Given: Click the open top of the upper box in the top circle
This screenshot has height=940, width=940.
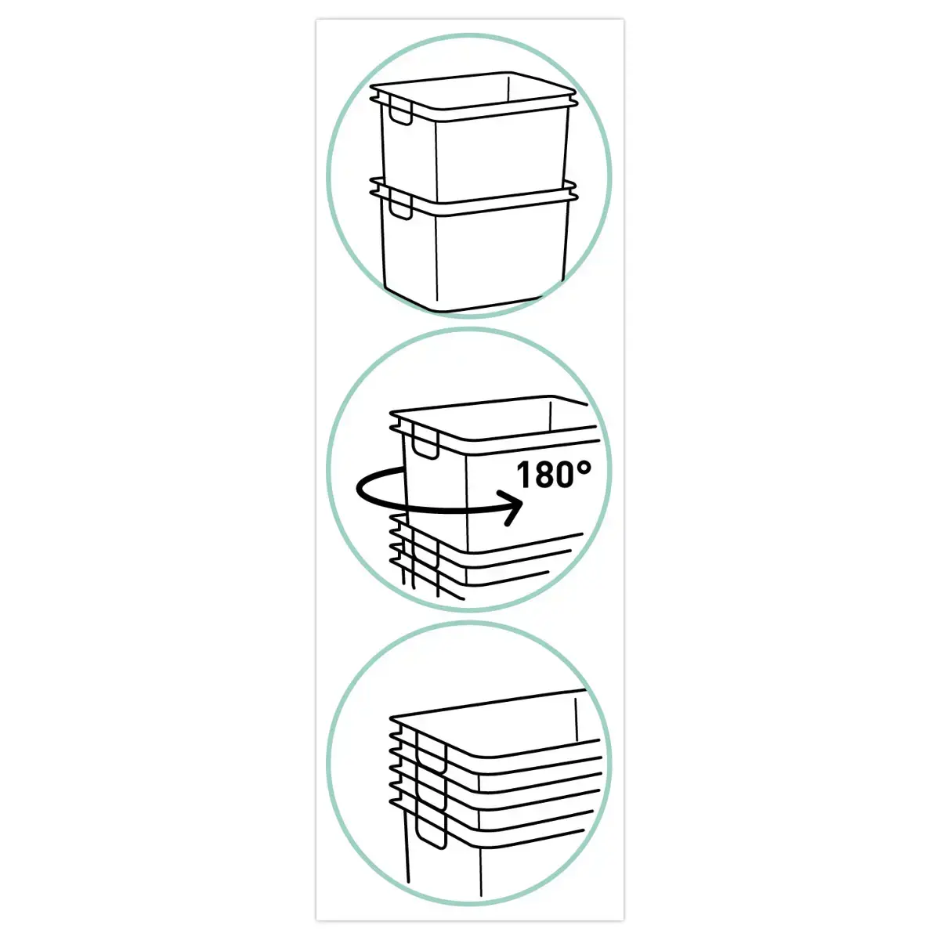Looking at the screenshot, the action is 473,91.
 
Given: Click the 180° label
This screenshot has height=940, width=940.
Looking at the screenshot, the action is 554,475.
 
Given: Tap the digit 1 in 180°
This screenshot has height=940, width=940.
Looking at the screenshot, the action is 523,475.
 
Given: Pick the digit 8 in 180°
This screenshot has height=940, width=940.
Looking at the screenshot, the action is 543,475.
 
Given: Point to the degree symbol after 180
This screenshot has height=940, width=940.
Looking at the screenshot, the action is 584,468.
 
